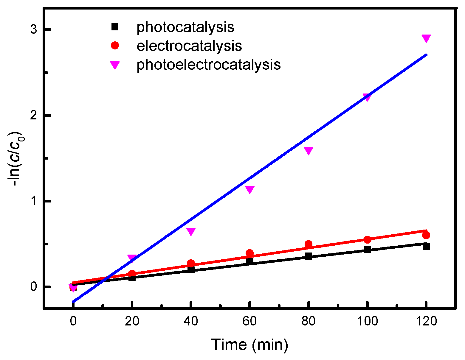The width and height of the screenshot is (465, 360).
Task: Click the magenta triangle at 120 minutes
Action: [426, 38]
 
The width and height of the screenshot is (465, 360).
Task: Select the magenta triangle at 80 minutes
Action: [309, 150]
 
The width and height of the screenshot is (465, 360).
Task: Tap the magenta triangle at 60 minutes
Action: [250, 189]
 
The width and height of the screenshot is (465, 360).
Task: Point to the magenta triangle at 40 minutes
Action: [191, 231]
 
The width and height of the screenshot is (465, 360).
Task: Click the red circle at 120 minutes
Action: [426, 235]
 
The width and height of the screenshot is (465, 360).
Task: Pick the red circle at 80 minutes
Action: [309, 244]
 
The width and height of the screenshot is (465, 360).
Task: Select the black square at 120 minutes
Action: [426, 246]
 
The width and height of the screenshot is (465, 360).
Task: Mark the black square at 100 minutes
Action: [367, 250]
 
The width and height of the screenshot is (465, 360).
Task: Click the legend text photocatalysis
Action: [185, 27]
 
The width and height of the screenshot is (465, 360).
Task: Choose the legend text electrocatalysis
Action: [189, 46]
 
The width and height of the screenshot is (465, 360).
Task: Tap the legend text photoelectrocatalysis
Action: [208, 65]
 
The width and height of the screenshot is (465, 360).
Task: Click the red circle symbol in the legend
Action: [115, 46]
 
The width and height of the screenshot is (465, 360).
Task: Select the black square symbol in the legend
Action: [115, 27]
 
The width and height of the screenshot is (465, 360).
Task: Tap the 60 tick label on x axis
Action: [250, 321]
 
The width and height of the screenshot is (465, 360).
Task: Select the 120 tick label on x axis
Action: [426, 321]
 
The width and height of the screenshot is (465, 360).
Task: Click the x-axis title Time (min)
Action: [250, 345]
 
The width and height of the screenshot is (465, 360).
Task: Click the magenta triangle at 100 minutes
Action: [367, 97]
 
